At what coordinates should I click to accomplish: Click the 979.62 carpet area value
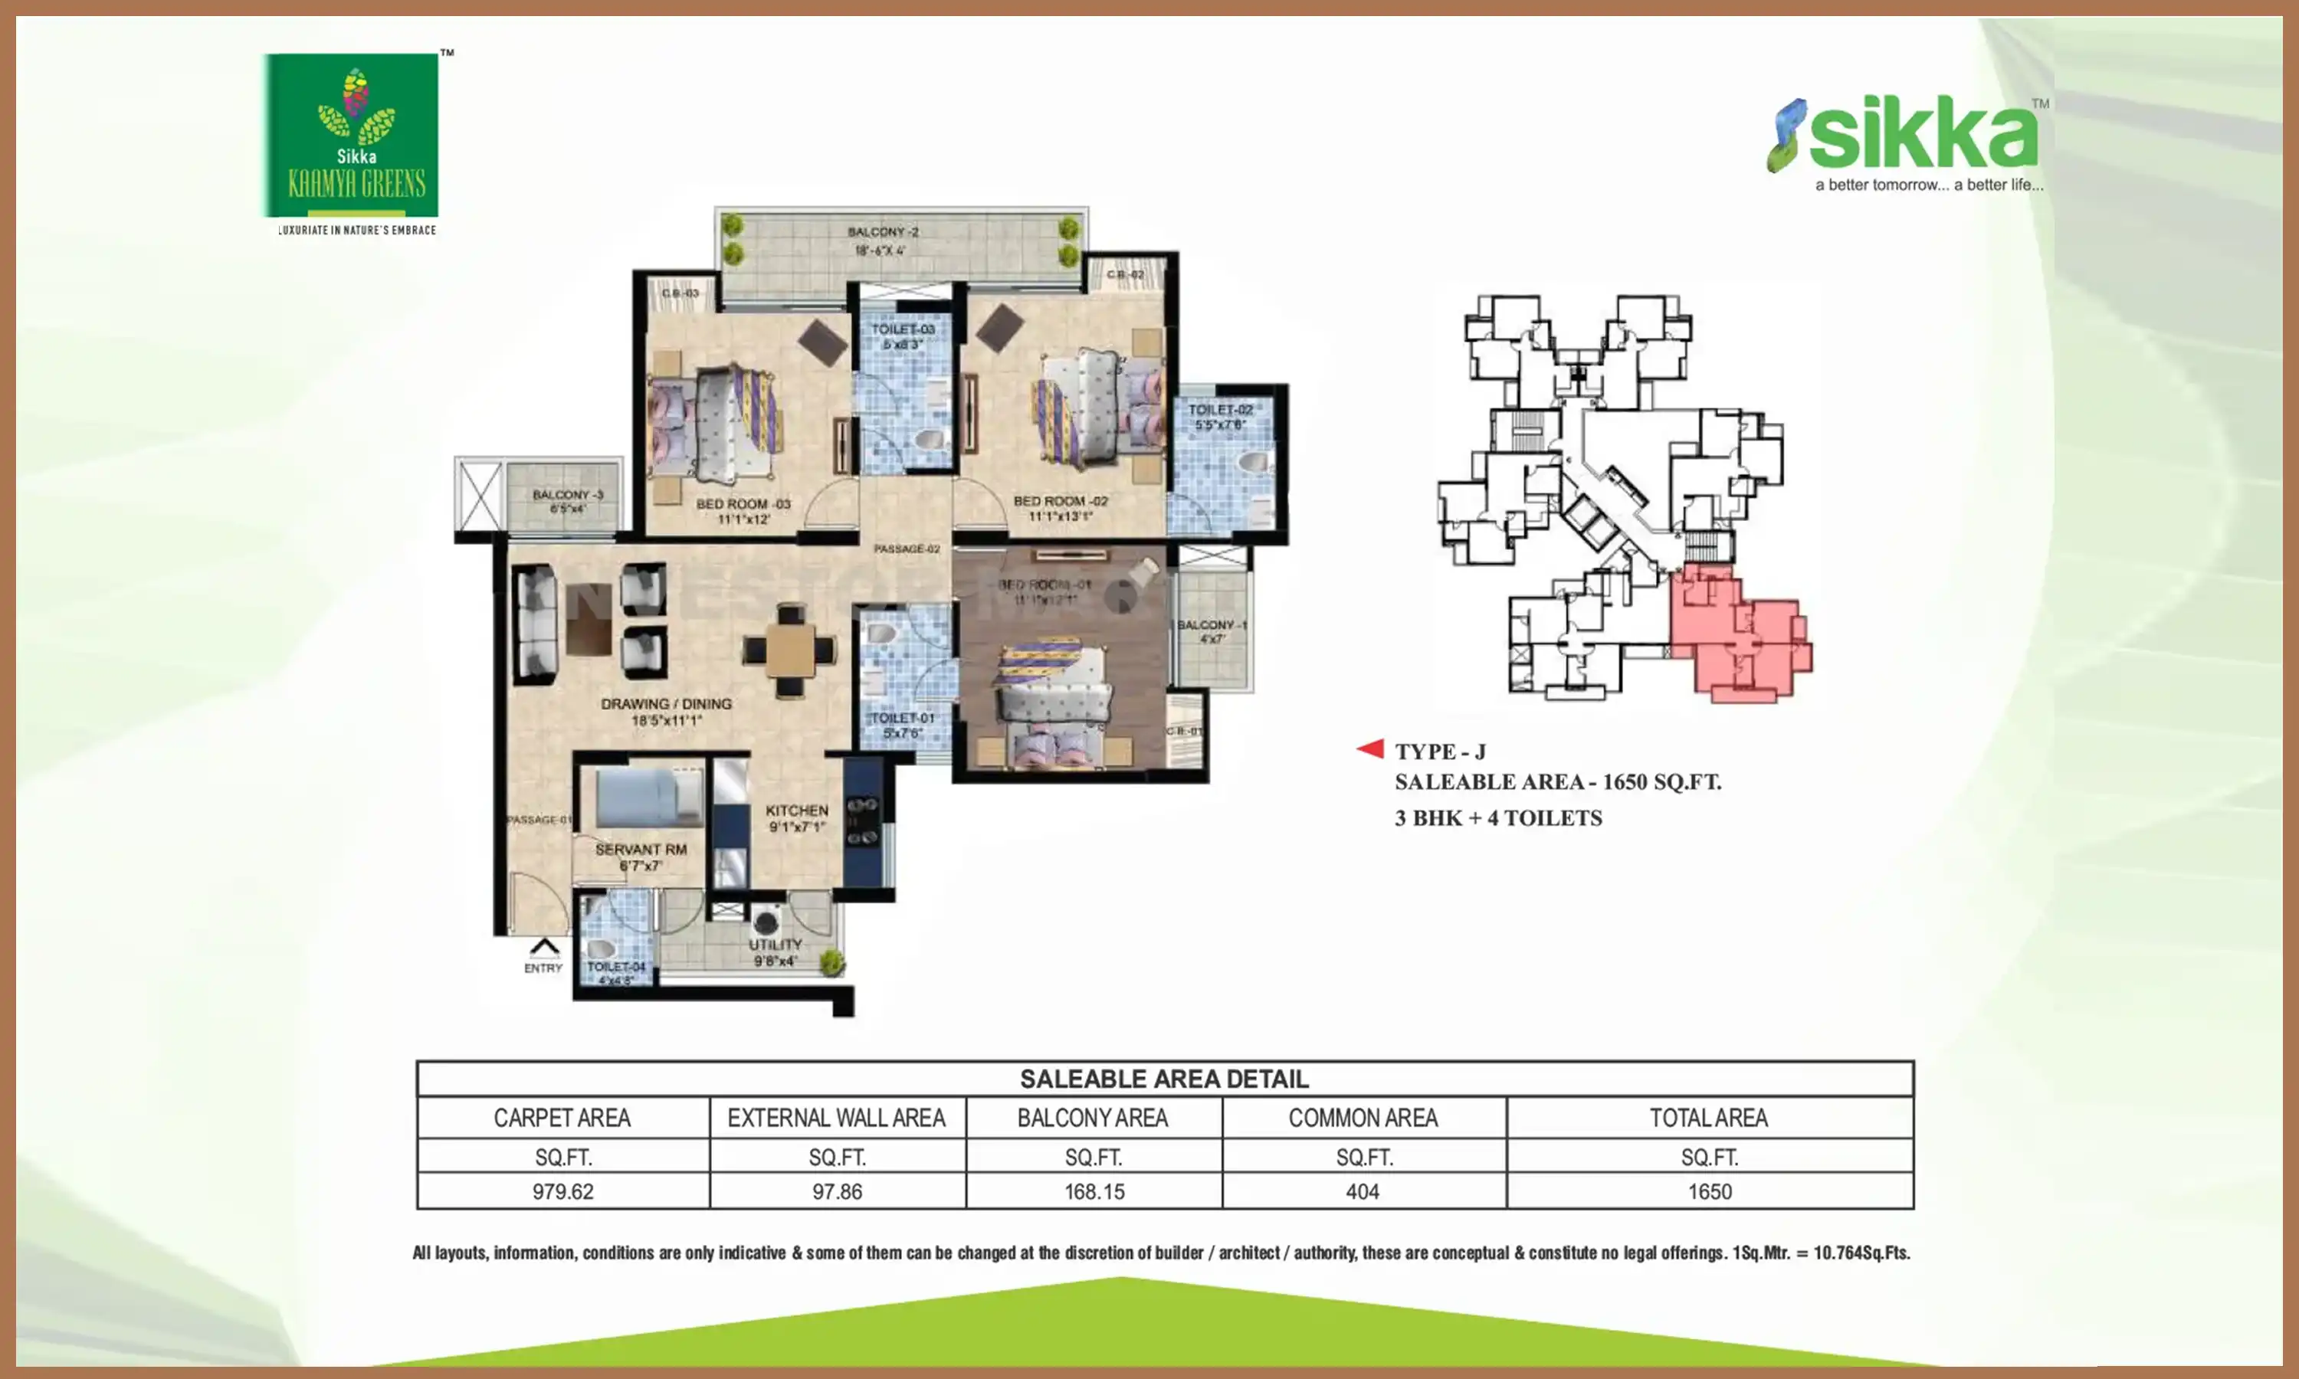[563, 1191]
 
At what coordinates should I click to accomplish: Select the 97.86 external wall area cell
[838, 1191]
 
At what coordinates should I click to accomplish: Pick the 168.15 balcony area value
[1094, 1191]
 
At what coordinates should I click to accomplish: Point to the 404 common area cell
[1363, 1191]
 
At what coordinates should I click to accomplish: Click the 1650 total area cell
[1709, 1191]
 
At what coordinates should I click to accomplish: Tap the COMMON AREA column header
[1363, 1118]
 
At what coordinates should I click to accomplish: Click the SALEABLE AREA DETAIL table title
[1163, 1079]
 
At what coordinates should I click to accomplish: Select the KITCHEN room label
[796, 811]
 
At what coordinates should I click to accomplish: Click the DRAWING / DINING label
[666, 704]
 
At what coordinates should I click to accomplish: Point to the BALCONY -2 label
[882, 232]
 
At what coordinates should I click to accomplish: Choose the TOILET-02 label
[1220, 410]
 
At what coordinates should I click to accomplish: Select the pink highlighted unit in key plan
[1738, 637]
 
